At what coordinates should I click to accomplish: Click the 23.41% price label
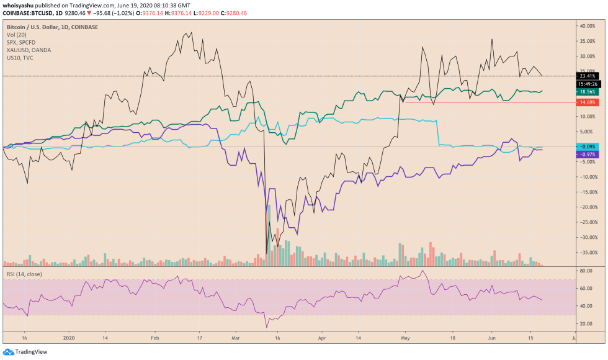click(x=587, y=76)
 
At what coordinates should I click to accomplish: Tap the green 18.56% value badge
click(x=587, y=91)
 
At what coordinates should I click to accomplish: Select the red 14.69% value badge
click(x=587, y=102)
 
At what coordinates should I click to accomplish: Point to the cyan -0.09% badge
click(x=587, y=146)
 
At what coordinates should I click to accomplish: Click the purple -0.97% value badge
click(x=587, y=154)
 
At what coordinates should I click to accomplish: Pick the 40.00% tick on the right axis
click(x=587, y=26)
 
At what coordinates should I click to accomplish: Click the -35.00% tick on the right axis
click(x=587, y=252)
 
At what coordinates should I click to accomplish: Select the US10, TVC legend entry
click(x=20, y=58)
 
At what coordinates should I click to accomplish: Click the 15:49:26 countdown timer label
click(x=587, y=83)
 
